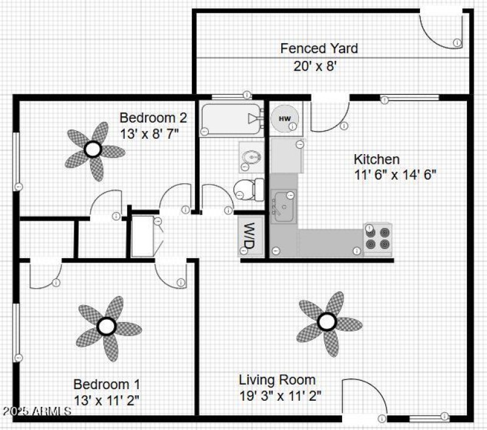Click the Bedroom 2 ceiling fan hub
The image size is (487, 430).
(93, 149)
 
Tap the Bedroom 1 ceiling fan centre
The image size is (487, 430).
(107, 326)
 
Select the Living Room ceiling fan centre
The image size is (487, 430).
(328, 321)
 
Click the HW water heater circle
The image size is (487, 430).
(284, 118)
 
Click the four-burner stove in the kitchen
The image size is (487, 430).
(378, 238)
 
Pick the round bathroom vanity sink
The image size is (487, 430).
(251, 158)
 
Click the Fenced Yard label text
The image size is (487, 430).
(319, 48)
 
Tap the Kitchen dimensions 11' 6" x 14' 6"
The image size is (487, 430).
(395, 174)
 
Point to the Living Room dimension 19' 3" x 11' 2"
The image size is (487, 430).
(280, 395)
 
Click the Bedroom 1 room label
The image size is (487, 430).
(107, 384)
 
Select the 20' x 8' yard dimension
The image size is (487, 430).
(315, 65)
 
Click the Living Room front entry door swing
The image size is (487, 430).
(363, 399)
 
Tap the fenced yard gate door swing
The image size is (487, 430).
(437, 28)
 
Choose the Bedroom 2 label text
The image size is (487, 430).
(153, 118)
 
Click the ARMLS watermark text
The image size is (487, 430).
(37, 411)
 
